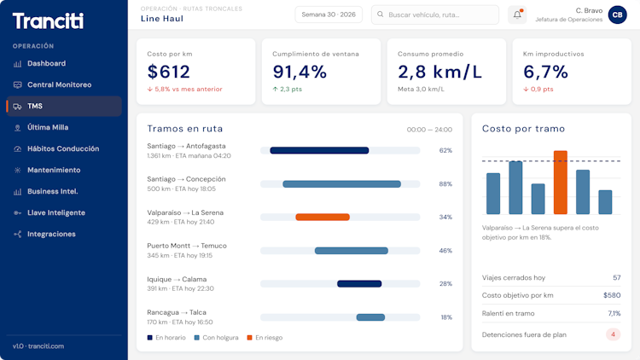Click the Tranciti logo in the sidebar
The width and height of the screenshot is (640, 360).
pyautogui.click(x=48, y=20)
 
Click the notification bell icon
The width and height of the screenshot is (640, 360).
pyautogui.click(x=517, y=15)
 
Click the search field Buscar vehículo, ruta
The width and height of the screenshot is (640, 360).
pyautogui.click(x=435, y=15)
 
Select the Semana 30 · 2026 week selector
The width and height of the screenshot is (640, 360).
pyautogui.click(x=329, y=15)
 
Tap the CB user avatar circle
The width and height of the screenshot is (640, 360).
pyautogui.click(x=618, y=15)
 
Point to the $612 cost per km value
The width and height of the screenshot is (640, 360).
pyautogui.click(x=169, y=72)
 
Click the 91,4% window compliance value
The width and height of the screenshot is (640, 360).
pyautogui.click(x=300, y=72)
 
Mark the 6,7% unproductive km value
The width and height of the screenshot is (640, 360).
pyautogui.click(x=546, y=72)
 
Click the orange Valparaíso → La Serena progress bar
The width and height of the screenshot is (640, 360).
pyautogui.click(x=323, y=218)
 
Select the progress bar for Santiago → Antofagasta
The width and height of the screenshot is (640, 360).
pyautogui.click(x=319, y=151)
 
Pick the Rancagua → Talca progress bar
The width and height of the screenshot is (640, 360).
pyautogui.click(x=370, y=317)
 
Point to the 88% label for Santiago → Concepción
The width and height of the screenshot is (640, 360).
pyautogui.click(x=445, y=184)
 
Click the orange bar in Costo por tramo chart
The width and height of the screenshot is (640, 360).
pyautogui.click(x=561, y=183)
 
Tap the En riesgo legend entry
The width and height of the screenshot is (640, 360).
pyautogui.click(x=265, y=338)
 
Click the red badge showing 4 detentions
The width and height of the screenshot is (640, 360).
pyautogui.click(x=613, y=334)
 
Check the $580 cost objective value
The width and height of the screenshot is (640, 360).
pyautogui.click(x=612, y=295)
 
